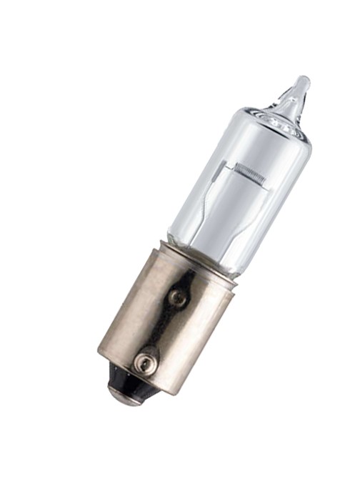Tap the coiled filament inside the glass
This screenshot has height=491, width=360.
[251, 171]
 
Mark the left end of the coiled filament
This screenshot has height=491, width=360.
[236, 166]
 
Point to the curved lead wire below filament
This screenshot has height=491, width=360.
[214, 207]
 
